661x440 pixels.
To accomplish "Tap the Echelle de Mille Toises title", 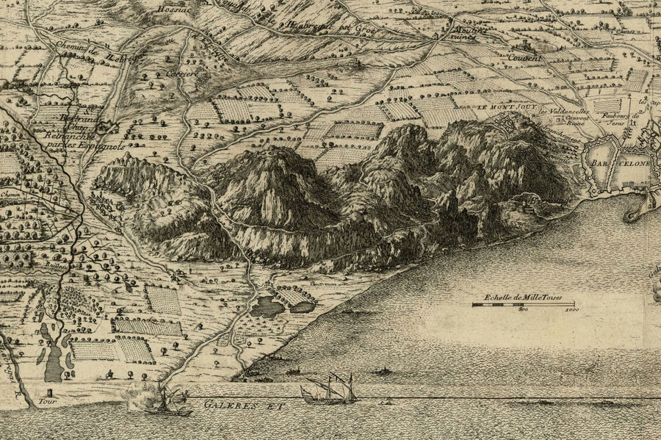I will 522,297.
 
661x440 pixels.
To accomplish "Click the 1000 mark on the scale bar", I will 571,311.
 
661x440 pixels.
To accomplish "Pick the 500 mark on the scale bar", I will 523,311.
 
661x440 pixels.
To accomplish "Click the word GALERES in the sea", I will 220,403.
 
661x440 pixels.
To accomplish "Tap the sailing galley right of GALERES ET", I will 330,391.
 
